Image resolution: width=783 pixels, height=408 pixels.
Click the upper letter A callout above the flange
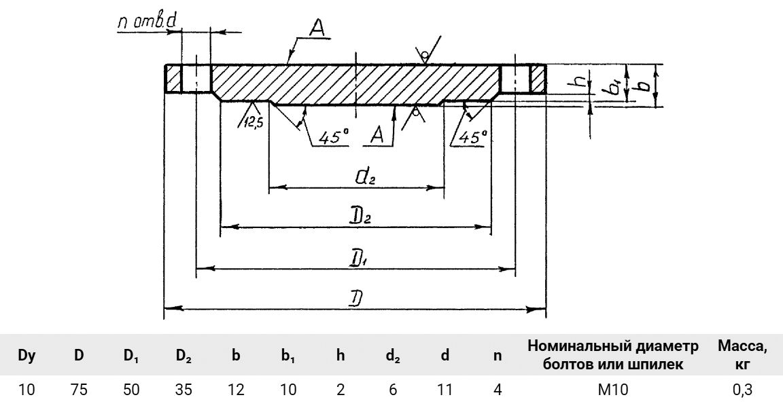click(315, 28)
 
